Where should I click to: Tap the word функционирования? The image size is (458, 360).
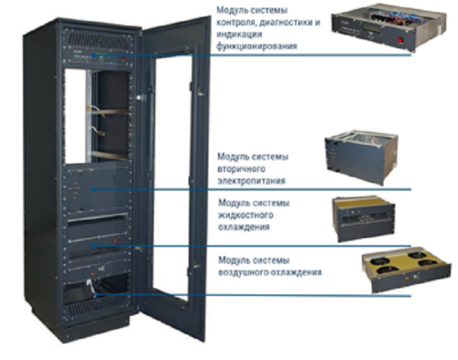pos(256,47)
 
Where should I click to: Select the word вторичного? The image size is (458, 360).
pos(241,169)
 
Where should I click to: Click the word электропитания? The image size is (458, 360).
pos(251,180)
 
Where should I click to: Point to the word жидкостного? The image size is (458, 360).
pos(245,215)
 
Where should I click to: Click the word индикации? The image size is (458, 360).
pos(239,34)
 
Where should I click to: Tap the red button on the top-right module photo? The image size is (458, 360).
pos(400,40)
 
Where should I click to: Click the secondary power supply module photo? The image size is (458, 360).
pos(361,158)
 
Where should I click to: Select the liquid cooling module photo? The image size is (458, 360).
pos(364,219)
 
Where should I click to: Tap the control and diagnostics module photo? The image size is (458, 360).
pos(388,27)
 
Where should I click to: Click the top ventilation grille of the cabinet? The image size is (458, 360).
pos(98,39)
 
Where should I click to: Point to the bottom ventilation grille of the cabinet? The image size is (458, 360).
pos(97,305)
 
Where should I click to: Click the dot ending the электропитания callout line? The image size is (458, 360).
pos(93,190)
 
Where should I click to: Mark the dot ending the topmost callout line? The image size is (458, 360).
pos(93,55)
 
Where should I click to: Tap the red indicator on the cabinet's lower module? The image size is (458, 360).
pos(115,240)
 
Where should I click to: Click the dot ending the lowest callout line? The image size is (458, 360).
pos(94,295)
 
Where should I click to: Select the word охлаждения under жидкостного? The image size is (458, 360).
pos(244,227)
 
